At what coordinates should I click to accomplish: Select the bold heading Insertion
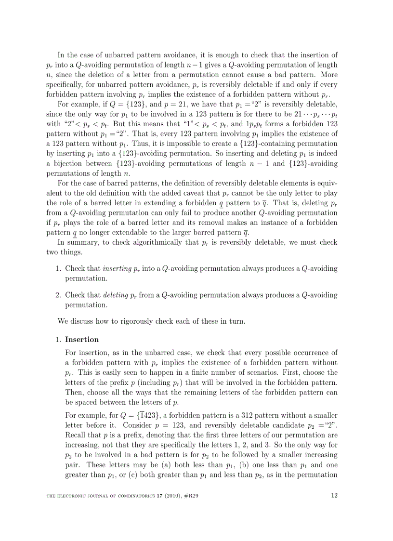[x=82, y=339]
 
